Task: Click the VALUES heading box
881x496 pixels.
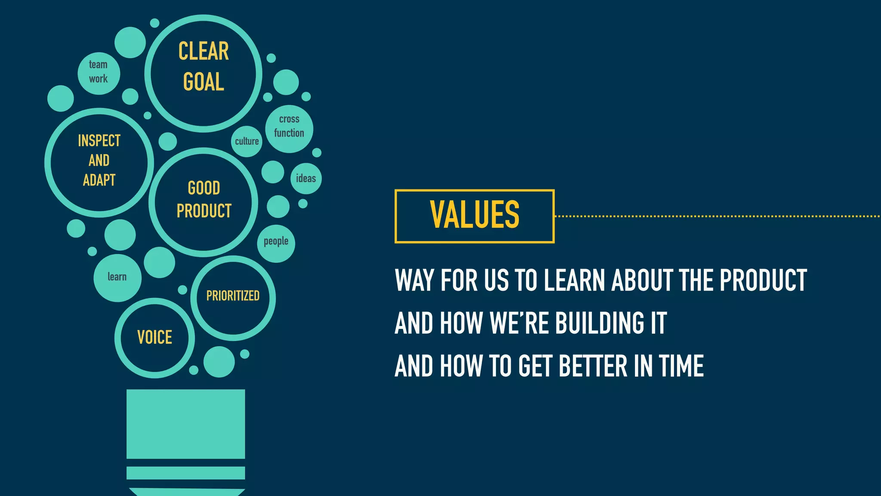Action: [474, 216]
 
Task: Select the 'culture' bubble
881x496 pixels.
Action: [246, 141]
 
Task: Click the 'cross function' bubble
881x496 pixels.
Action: [289, 128]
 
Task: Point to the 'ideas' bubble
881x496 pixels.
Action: [306, 178]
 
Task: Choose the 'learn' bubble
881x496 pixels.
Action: [117, 277]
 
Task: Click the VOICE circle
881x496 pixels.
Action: [154, 338]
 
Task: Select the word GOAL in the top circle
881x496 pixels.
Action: [203, 82]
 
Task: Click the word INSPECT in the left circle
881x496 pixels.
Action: [99, 141]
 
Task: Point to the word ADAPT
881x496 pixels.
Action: [99, 180]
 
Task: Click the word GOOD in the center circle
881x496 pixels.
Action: [204, 188]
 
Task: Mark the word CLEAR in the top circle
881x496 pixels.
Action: [203, 51]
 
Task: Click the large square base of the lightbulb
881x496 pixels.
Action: [185, 424]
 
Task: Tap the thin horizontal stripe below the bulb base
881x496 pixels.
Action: [185, 473]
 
